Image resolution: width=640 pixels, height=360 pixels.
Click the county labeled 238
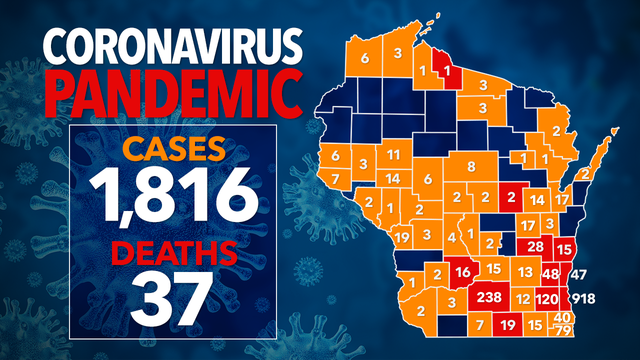pos(490,298)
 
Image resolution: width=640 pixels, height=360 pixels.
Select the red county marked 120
pos(547,298)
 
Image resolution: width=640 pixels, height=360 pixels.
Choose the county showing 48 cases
pos(550,273)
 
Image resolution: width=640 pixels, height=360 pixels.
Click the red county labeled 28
pos(535,247)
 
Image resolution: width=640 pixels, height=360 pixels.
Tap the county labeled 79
pos(563,331)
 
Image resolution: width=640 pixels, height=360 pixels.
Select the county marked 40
pos(563,318)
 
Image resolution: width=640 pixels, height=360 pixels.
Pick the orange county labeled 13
pos(525,272)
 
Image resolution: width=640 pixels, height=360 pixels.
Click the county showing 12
pos(523,298)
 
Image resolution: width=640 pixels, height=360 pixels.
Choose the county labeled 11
pos(394,154)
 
